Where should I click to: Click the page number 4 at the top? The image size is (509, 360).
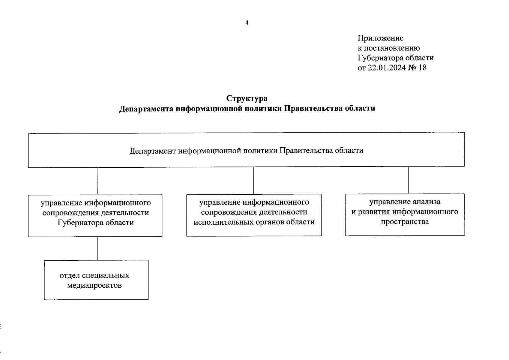point(247,23)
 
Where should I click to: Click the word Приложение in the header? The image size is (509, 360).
point(380,38)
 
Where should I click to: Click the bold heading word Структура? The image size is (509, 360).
point(247,98)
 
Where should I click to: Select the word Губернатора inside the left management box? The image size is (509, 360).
point(79,223)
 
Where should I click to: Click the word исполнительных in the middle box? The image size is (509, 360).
point(223,222)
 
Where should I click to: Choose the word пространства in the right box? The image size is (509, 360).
point(405,222)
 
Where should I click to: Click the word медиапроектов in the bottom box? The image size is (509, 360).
point(94,285)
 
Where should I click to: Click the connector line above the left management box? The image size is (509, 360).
point(98,181)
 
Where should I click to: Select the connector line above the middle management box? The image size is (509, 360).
point(254,180)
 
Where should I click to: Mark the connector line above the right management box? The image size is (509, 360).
point(408,180)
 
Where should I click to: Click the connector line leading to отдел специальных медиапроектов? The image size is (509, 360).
point(98,248)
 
